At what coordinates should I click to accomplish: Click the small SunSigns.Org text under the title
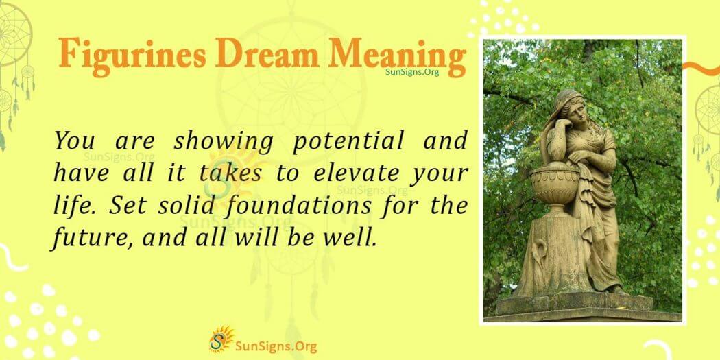click(x=411, y=71)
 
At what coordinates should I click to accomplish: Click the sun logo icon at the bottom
click(x=221, y=339)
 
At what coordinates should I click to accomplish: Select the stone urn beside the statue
click(x=553, y=185)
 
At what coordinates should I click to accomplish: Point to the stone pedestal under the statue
click(x=583, y=305)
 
